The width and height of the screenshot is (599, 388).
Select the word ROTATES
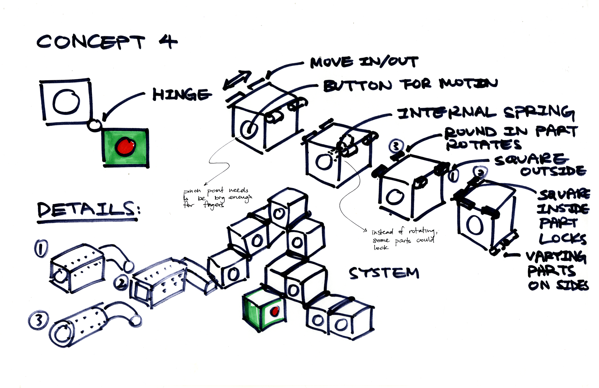click(483, 145)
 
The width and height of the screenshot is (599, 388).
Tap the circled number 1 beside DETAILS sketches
click(41, 248)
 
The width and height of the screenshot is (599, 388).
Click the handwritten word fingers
click(213, 205)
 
